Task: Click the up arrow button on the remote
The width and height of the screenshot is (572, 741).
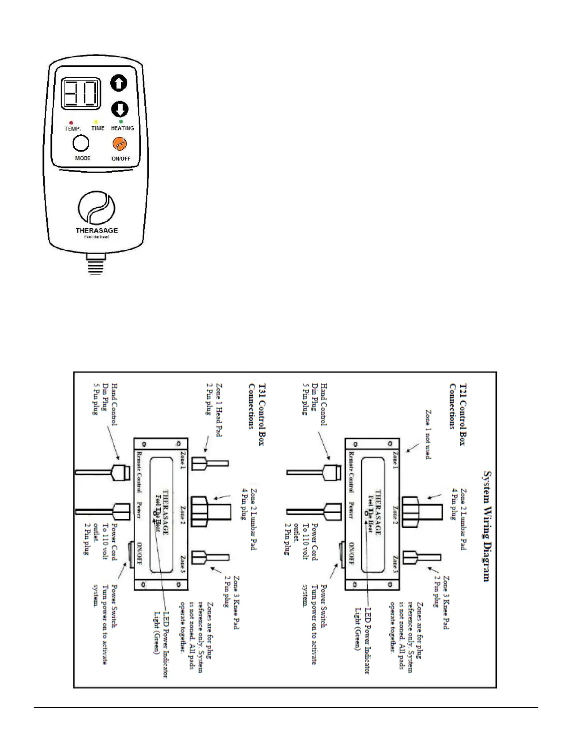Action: pos(119,83)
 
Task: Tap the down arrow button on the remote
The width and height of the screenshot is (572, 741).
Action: pos(120,109)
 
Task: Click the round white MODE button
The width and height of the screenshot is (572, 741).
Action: pos(81,143)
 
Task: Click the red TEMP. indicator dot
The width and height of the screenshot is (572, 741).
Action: pos(71,123)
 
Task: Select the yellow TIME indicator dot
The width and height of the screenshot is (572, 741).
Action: pos(96,122)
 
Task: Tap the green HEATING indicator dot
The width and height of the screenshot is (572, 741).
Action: pos(121,122)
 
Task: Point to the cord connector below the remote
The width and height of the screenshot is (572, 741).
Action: pos(96,264)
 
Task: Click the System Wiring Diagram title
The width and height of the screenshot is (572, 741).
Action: pos(486,526)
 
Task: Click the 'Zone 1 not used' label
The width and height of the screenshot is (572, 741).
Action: pos(428,435)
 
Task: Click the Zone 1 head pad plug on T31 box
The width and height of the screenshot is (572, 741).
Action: pos(211,464)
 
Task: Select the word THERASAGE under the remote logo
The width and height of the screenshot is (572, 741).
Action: pos(96,230)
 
